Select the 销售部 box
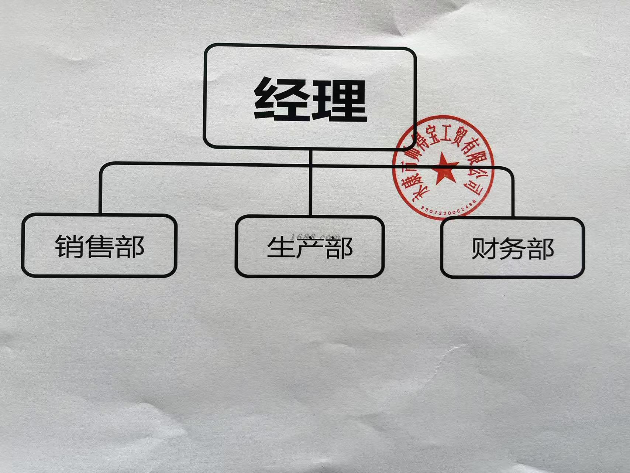tap(99, 245)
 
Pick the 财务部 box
tap(512, 248)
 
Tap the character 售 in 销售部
tap(99, 246)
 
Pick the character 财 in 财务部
tap(484, 249)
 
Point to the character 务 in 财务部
tap(512, 249)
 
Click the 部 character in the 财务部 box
tap(541, 249)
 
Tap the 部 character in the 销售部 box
tap(129, 246)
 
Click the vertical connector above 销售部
tap(100, 192)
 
